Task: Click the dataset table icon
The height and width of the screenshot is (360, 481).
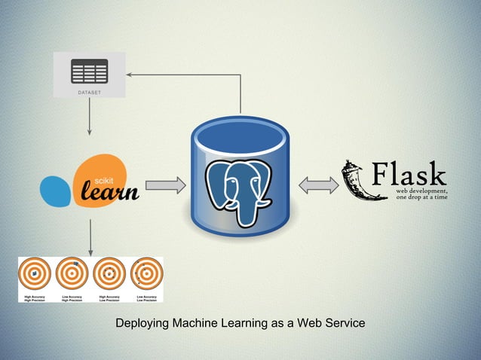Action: click(x=89, y=71)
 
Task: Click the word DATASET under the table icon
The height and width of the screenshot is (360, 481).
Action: click(x=89, y=93)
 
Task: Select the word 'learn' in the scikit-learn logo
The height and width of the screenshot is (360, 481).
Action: click(x=110, y=193)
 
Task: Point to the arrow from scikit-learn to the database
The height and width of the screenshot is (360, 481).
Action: click(x=165, y=185)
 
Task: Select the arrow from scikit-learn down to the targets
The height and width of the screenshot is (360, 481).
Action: click(x=90, y=237)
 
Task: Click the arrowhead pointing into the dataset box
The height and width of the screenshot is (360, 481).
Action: click(x=130, y=75)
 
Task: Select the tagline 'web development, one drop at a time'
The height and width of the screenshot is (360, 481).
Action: click(x=421, y=194)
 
